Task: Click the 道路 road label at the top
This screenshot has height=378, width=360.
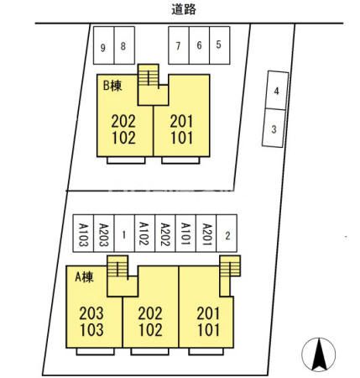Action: tap(184, 10)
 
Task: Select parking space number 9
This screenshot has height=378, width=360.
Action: tap(104, 45)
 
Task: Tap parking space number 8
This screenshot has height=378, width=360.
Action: tap(124, 45)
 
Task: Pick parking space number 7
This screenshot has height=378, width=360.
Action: tap(179, 45)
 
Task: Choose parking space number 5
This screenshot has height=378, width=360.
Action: tap(220, 45)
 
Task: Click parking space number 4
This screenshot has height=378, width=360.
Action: tap(277, 91)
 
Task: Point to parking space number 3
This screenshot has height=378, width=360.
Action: tap(274, 128)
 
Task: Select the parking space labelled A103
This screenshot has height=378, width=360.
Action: tap(83, 234)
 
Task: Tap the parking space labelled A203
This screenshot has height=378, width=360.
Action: tap(104, 234)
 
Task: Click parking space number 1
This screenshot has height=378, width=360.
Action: tap(124, 234)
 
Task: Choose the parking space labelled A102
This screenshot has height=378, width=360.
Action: tap(145, 234)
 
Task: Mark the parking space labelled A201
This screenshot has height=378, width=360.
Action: tap(206, 234)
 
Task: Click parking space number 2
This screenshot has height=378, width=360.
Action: tap(227, 234)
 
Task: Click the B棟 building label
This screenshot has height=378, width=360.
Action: tap(112, 86)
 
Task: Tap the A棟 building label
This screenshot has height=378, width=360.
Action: tap(84, 277)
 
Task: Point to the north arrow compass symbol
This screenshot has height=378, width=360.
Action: tap(319, 354)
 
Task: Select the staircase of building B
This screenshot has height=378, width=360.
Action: tap(149, 75)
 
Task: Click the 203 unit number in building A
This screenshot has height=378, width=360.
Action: tap(91, 313)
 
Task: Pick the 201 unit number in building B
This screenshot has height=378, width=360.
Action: tap(182, 122)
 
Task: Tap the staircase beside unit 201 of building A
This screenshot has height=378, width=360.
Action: tap(230, 265)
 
